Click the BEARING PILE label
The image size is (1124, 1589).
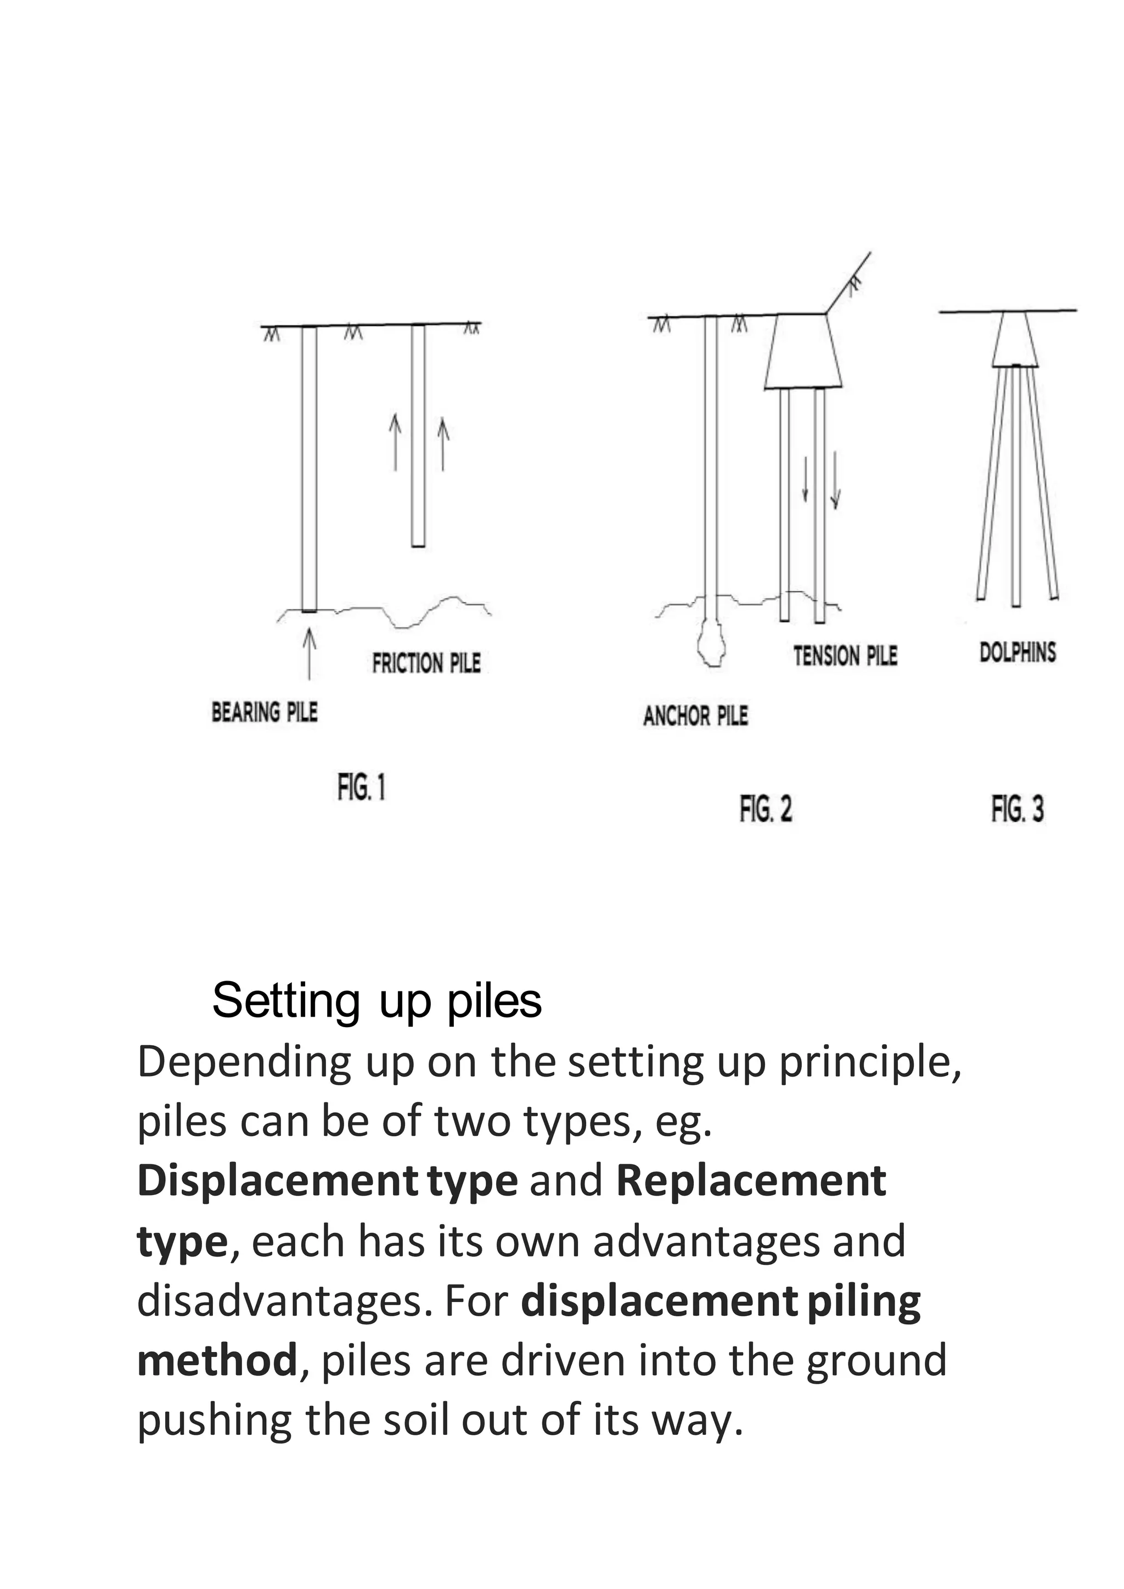[265, 712]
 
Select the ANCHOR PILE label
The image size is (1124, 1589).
[695, 715]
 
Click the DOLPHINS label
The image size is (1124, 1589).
[1018, 652]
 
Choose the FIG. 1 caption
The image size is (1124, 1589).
[361, 787]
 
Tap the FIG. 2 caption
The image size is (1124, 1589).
[766, 808]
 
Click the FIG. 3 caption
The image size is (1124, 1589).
[1018, 808]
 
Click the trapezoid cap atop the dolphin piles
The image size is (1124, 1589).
[1015, 341]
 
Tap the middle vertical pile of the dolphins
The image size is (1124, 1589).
[1016, 484]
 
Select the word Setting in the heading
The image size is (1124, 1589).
[285, 1001]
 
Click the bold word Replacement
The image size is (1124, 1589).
[751, 1181]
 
